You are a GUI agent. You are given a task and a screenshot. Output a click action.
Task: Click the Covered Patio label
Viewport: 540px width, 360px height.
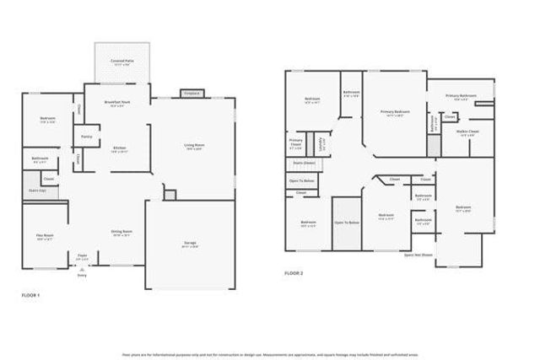click(121, 62)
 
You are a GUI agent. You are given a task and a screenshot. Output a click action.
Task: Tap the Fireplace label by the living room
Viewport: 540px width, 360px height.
click(191, 94)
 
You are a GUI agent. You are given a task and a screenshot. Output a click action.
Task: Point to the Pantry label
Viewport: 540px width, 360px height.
click(86, 136)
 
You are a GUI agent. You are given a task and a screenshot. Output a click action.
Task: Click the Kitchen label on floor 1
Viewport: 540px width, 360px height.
click(120, 148)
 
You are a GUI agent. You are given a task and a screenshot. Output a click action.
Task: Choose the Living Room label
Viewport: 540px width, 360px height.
click(196, 146)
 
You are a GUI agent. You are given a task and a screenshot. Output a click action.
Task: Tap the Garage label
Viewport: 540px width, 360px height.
click(192, 243)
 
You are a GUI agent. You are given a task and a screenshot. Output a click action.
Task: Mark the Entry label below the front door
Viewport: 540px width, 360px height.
click(82, 275)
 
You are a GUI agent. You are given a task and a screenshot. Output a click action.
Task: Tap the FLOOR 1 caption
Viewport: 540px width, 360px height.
click(30, 296)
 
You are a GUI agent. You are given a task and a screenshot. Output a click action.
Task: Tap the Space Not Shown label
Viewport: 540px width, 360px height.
click(418, 253)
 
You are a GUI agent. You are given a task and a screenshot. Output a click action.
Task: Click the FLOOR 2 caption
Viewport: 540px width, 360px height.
click(293, 273)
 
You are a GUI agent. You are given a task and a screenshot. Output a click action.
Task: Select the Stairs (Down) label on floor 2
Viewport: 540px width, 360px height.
click(303, 163)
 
